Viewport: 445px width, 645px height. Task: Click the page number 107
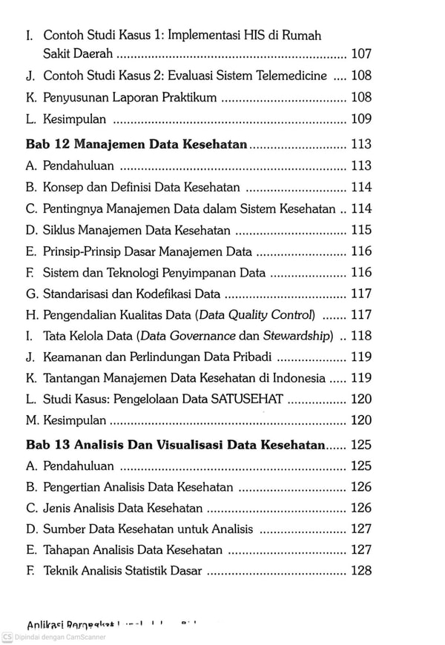[x=363, y=54]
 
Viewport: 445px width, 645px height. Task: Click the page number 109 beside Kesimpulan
[x=363, y=119]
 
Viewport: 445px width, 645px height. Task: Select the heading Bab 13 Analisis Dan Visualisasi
[x=176, y=446]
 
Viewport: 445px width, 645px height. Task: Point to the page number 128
[x=363, y=571]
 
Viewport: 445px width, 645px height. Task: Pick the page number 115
[x=363, y=231]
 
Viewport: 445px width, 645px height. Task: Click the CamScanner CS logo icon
[x=7, y=637]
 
